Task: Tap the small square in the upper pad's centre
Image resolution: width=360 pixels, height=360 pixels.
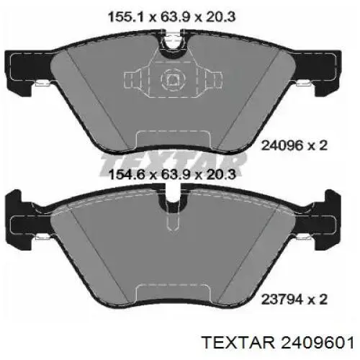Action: coord(171,81)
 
